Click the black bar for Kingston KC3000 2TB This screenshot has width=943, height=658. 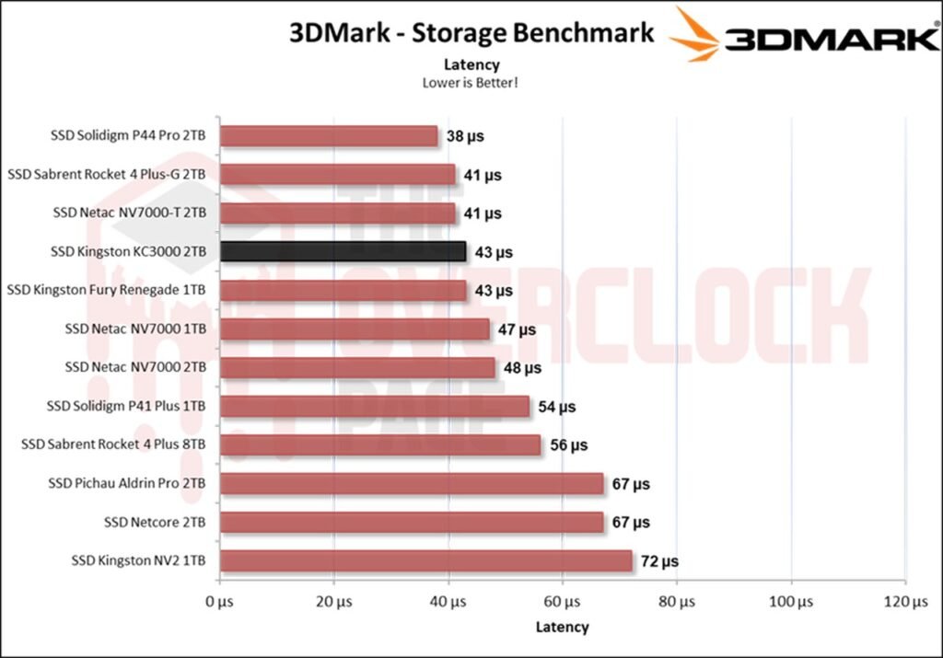(x=343, y=251)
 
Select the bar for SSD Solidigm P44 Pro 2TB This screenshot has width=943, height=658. (x=329, y=136)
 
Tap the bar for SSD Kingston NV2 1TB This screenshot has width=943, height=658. (x=426, y=560)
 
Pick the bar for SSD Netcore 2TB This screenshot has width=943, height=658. (x=412, y=522)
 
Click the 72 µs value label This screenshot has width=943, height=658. (x=659, y=561)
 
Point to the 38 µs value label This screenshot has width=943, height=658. (x=465, y=136)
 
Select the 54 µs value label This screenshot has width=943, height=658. (x=556, y=407)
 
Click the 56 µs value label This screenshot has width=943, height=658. (x=568, y=445)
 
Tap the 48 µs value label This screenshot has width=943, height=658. (x=522, y=368)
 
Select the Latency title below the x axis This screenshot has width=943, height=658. (x=562, y=627)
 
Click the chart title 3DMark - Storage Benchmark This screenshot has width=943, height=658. (x=471, y=33)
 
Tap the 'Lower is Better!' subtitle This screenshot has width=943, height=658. (x=471, y=82)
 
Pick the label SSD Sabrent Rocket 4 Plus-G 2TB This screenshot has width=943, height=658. (x=106, y=174)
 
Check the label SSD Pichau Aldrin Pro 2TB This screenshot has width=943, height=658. (x=127, y=483)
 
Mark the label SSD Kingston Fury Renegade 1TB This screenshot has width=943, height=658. (x=106, y=290)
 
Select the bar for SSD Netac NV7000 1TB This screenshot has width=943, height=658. (x=355, y=329)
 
